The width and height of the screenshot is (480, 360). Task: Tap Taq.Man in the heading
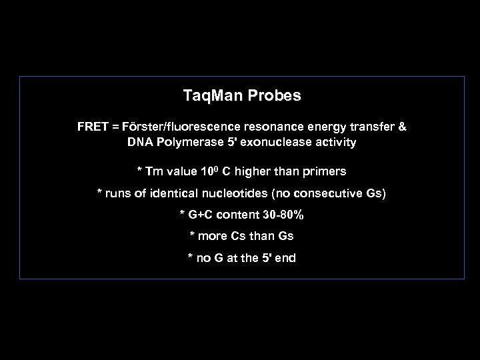pos(212,96)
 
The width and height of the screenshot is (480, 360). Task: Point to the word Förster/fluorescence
pos(175,127)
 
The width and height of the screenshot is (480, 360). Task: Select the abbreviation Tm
pos(153,172)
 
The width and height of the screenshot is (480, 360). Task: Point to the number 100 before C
pos(207,172)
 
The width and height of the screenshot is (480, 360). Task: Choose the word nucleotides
pos(235,193)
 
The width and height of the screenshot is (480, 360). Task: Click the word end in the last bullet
pos(285,257)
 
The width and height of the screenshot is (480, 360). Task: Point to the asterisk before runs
pos(101,193)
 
